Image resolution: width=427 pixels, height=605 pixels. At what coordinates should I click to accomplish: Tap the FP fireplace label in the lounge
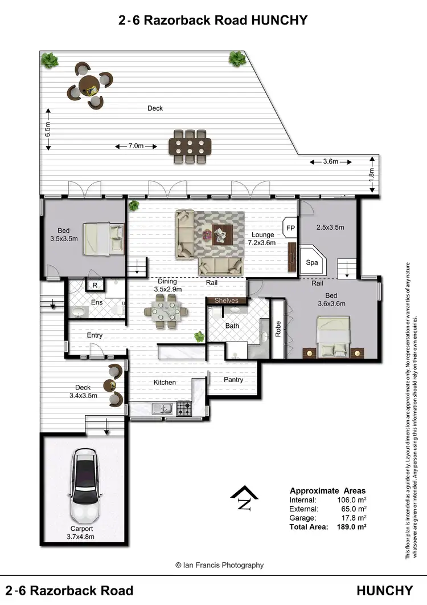(x=290, y=228)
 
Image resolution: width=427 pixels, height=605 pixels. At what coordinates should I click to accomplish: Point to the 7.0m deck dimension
(x=136, y=146)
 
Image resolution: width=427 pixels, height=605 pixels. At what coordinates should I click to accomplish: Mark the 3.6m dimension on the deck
(x=331, y=161)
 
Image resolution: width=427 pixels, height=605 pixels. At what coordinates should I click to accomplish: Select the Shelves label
(x=226, y=301)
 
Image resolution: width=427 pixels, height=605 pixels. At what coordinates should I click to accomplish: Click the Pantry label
(x=233, y=380)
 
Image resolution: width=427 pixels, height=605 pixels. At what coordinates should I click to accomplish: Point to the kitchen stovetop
(x=184, y=408)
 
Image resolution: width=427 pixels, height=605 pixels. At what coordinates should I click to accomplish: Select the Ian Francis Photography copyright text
(x=220, y=565)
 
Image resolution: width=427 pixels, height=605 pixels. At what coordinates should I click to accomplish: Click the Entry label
(x=95, y=335)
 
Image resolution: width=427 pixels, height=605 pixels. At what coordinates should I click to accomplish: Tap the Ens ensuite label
(x=97, y=302)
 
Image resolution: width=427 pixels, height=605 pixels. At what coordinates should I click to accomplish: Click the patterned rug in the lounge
(x=219, y=234)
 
